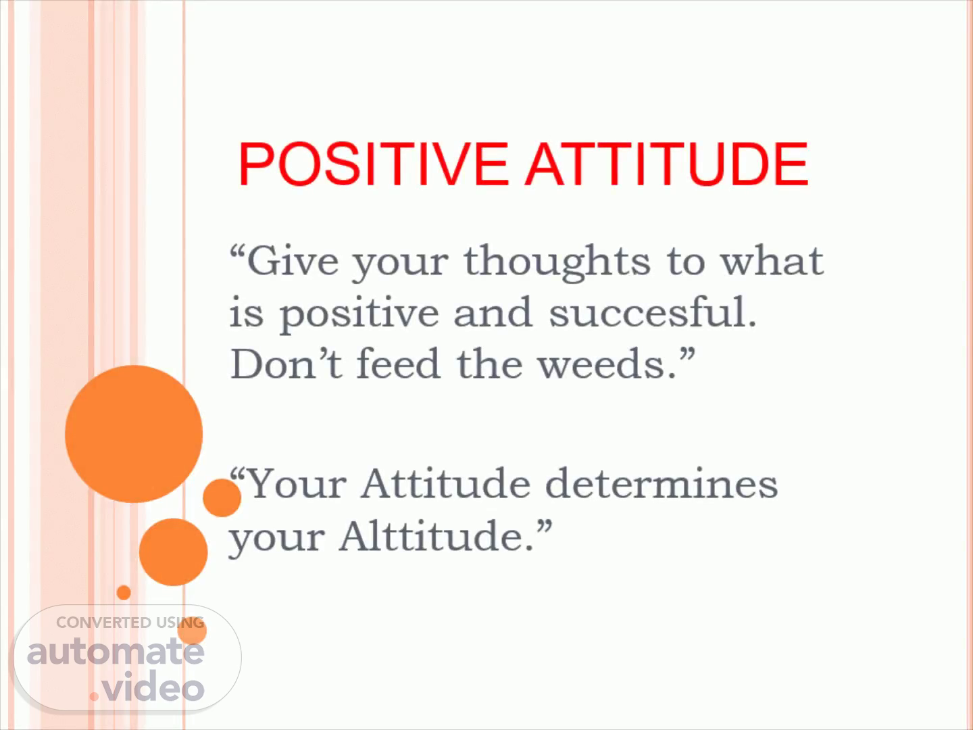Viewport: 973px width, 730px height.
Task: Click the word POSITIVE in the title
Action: (373, 164)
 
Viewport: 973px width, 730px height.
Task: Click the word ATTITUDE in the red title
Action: (667, 164)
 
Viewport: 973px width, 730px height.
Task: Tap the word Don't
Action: (286, 364)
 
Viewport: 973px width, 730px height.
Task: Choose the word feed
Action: (399, 364)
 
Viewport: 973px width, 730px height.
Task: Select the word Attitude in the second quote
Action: (445, 483)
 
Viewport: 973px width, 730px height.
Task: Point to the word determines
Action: (662, 483)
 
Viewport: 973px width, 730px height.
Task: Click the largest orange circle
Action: (134, 434)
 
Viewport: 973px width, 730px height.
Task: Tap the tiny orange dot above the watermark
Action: (124, 593)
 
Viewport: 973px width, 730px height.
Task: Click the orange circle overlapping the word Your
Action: (222, 497)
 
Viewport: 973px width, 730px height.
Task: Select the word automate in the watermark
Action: (116, 652)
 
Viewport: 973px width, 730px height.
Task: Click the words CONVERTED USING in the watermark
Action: (130, 623)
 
